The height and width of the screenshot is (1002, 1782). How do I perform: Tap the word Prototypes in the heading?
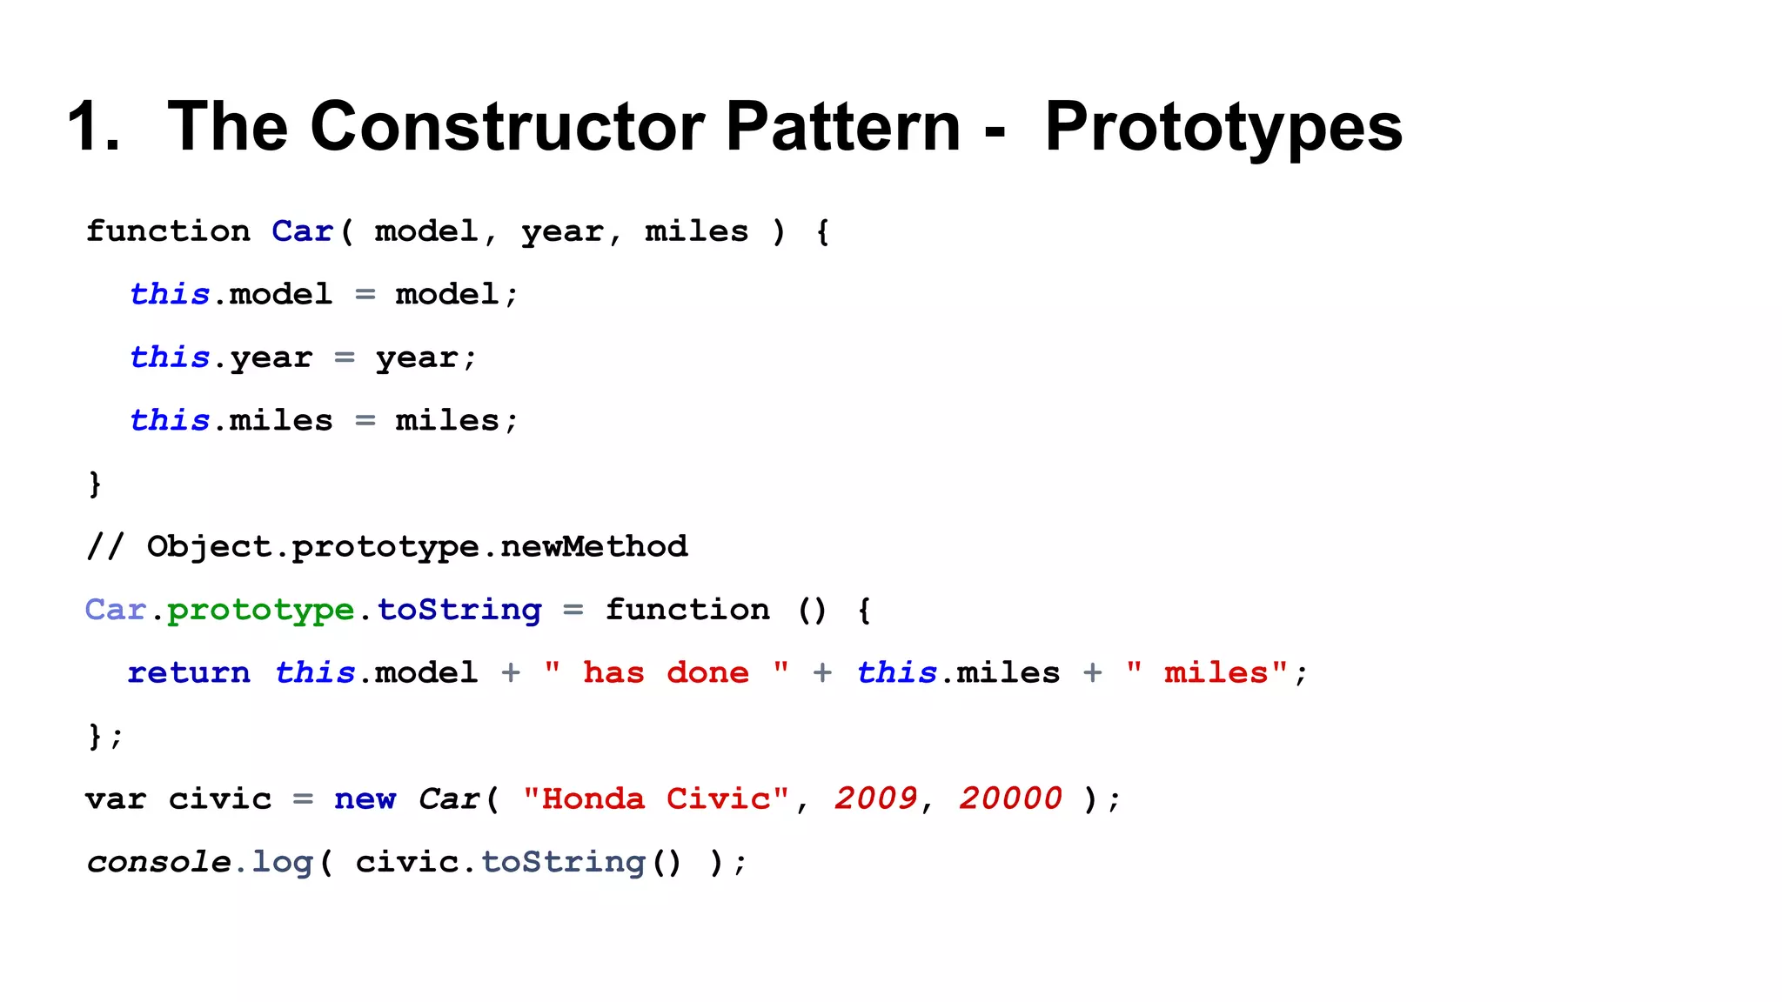click(x=1223, y=127)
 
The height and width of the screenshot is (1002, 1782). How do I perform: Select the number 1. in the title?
click(x=94, y=127)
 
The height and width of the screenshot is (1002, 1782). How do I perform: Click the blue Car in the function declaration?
click(x=302, y=231)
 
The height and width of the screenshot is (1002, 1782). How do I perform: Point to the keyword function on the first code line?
click(x=168, y=231)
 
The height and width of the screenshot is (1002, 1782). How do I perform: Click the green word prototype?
click(x=260, y=610)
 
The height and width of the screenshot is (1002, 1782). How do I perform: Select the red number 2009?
click(x=875, y=798)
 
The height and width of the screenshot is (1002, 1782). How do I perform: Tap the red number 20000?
click(x=1010, y=798)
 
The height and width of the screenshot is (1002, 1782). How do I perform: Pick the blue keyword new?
click(x=365, y=798)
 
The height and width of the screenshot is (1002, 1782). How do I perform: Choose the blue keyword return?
click(x=189, y=672)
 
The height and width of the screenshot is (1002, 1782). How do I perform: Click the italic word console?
click(x=158, y=862)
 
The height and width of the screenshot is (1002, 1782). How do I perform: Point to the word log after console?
click(x=282, y=862)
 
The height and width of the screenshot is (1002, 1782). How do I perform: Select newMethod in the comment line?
click(x=594, y=546)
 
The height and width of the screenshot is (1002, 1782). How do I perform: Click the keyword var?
click(x=116, y=798)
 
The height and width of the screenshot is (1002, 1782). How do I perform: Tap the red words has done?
click(x=666, y=672)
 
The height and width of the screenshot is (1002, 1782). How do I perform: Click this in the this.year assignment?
click(x=170, y=357)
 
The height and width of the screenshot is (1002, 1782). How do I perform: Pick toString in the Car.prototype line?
click(x=459, y=610)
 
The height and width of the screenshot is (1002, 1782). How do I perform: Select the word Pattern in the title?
click(x=842, y=127)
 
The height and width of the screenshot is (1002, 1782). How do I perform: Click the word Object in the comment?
click(x=209, y=546)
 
